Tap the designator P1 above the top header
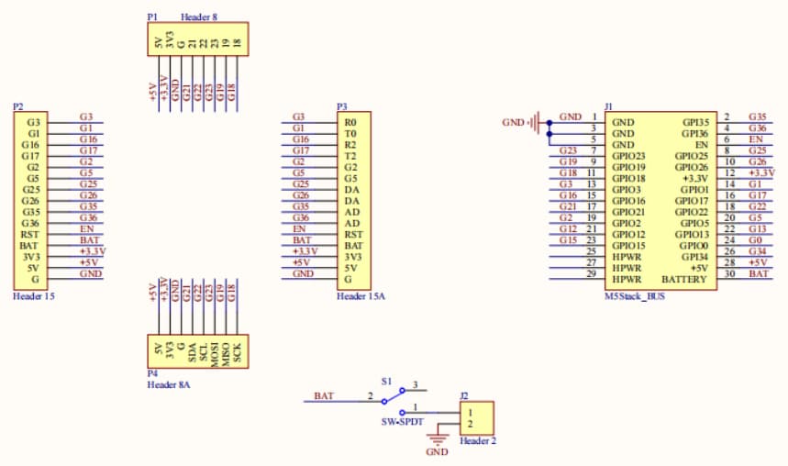[152, 17]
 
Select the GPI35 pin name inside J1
[692, 122]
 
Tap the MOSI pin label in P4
[215, 354]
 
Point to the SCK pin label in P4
[237, 354]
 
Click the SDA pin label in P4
[192, 354]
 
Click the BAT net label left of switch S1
[324, 396]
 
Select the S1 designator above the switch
[387, 380]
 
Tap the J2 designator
[464, 396]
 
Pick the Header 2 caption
[478, 441]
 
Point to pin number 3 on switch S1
[416, 385]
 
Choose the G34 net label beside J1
[757, 250]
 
